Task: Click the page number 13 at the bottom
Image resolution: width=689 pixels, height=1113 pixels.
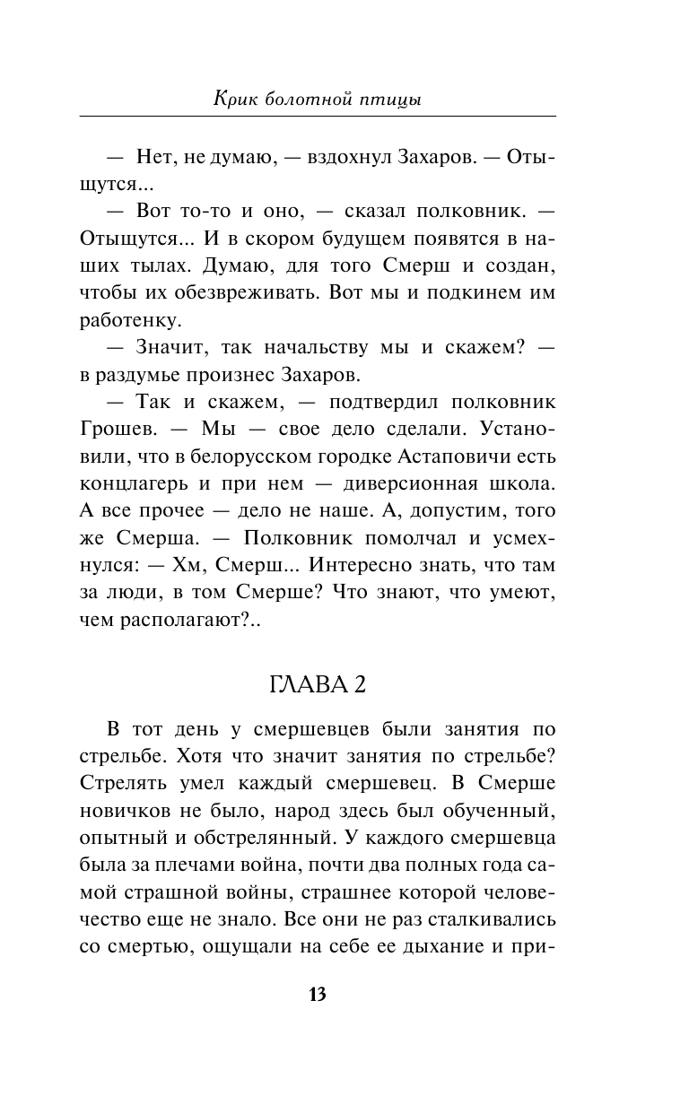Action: click(318, 994)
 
